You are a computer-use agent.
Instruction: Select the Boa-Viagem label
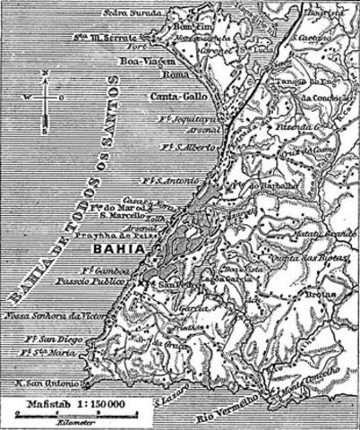tap(143, 61)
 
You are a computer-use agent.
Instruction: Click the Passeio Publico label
tap(98, 279)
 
